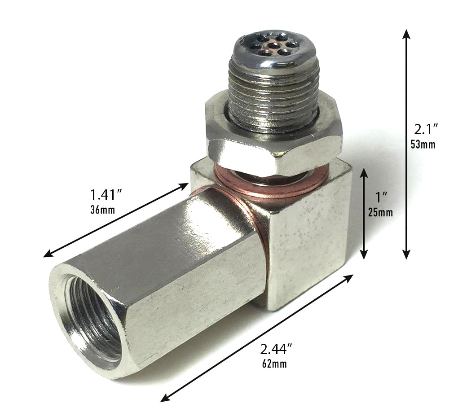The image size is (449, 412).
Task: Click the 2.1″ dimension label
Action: [426, 130]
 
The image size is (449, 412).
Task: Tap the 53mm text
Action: [423, 145]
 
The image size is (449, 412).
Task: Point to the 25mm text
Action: [380, 212]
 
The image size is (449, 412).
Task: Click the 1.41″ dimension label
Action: [107, 195]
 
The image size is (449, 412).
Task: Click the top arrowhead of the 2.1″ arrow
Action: [406, 34]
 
